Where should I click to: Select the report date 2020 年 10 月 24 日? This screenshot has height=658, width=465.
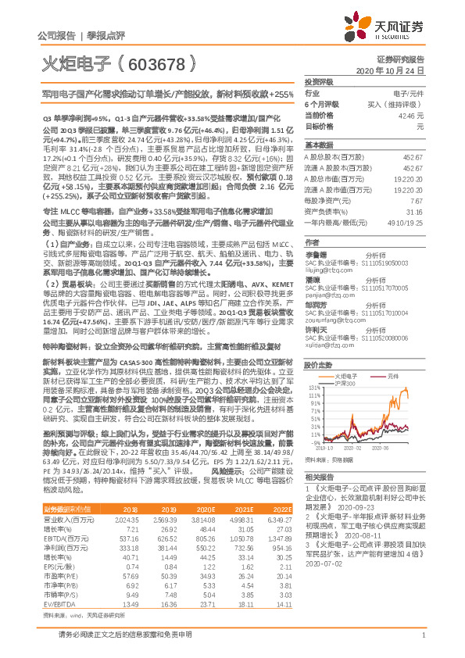[395, 70]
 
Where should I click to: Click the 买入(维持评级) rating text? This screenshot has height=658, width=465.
[399, 104]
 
